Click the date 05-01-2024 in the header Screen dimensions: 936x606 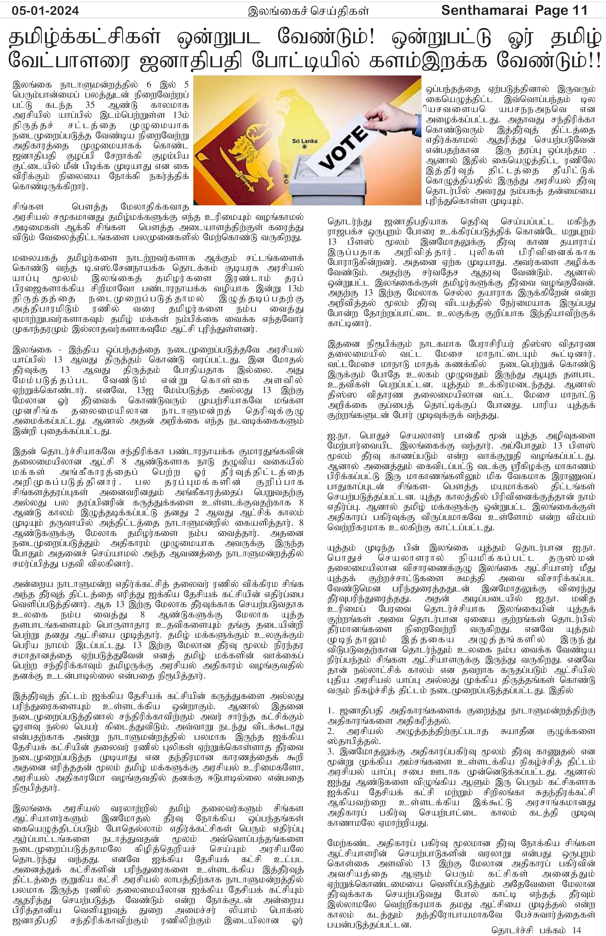point(45,10)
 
